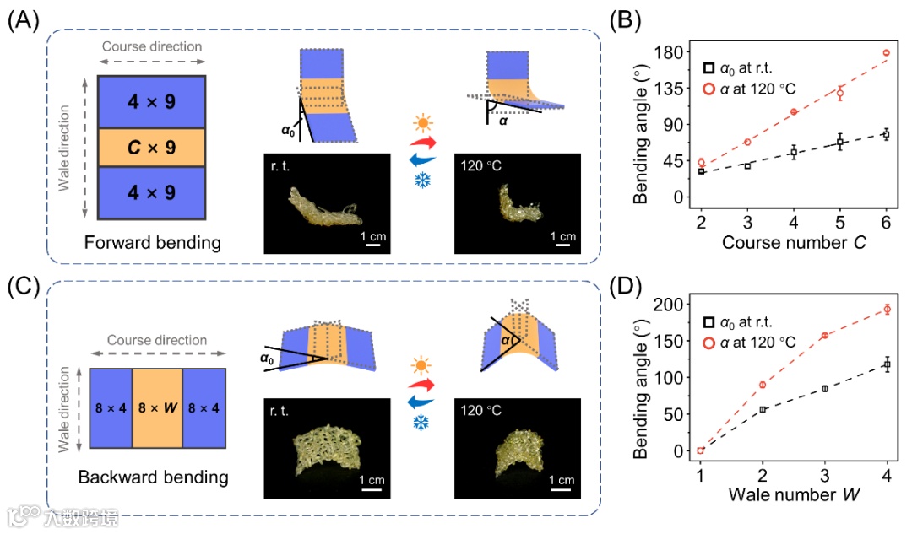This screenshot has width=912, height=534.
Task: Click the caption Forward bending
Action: coord(152,244)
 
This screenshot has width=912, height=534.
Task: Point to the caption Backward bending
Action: coord(153,477)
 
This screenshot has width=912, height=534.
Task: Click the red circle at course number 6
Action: coord(887,53)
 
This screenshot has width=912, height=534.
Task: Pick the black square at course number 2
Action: coord(701,171)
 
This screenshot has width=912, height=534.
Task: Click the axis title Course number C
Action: coord(794,244)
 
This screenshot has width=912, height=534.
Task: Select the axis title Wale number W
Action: coord(794,494)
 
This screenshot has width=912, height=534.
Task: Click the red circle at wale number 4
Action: coord(887,309)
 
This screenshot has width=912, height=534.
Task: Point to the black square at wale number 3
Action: coord(824,389)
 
